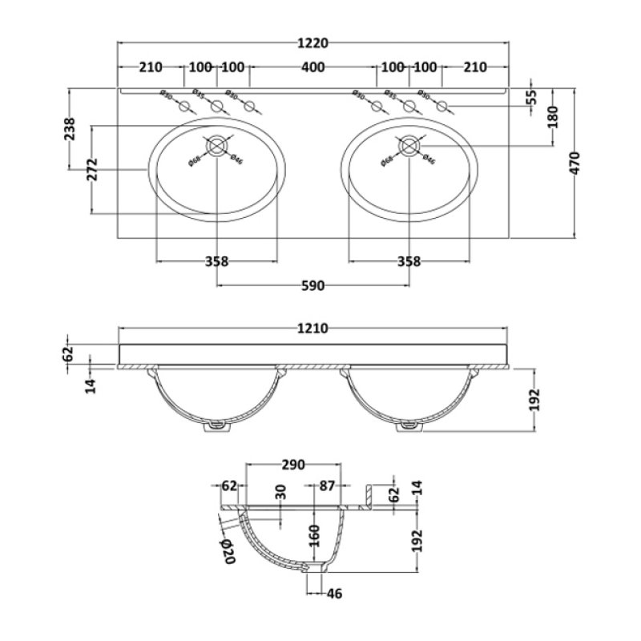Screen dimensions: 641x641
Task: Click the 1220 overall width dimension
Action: pyautogui.click(x=313, y=43)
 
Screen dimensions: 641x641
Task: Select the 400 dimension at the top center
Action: pyautogui.click(x=313, y=67)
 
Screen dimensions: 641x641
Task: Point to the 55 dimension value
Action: pyautogui.click(x=530, y=99)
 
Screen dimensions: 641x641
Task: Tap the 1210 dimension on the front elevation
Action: pyautogui.click(x=313, y=329)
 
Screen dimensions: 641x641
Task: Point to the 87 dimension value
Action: pyautogui.click(x=327, y=485)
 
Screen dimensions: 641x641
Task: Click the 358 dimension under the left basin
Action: pyautogui.click(x=217, y=261)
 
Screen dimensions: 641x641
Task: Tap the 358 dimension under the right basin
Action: pyautogui.click(x=409, y=261)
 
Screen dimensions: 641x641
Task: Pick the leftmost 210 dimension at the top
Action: pyautogui.click(x=151, y=67)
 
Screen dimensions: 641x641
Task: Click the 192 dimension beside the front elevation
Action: pyautogui.click(x=534, y=398)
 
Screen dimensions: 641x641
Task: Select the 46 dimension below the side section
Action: pyautogui.click(x=334, y=594)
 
